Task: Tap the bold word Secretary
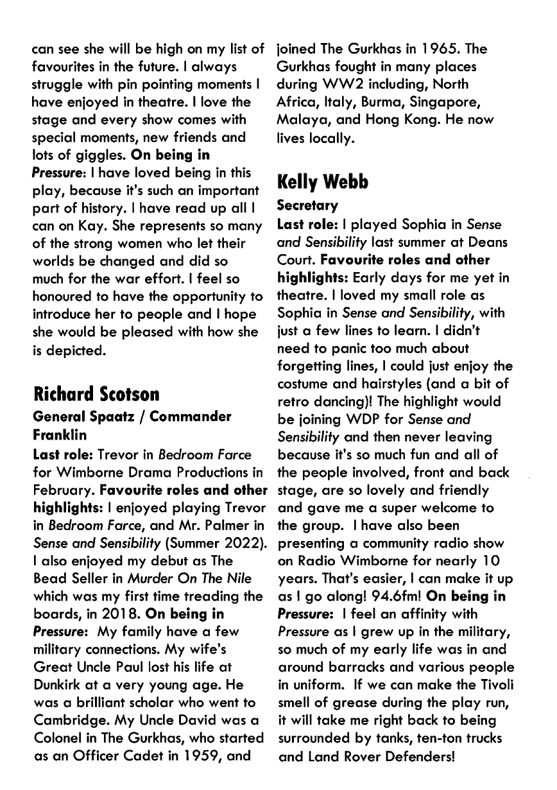click(307, 206)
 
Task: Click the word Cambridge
click(70, 703)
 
